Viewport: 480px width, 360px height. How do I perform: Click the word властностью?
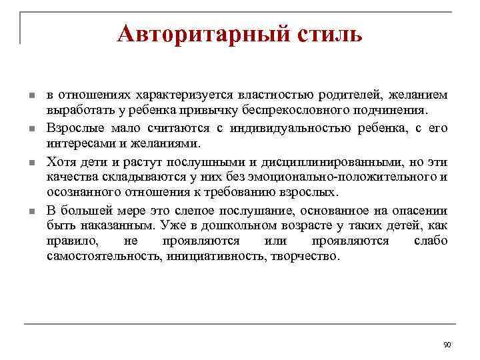pyautogui.click(x=256, y=96)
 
